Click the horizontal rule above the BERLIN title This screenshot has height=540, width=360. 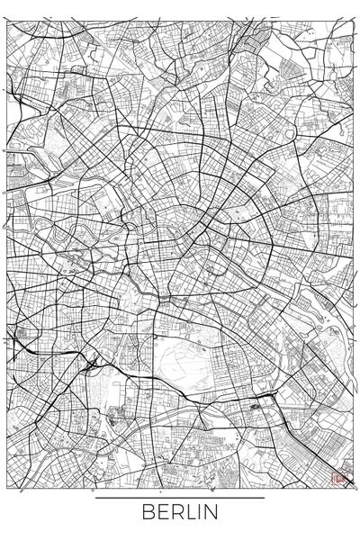179,498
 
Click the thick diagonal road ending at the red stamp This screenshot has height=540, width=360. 315,441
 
